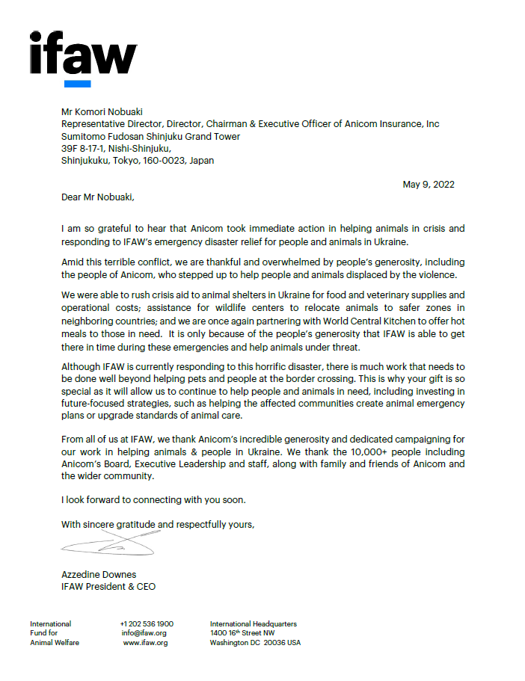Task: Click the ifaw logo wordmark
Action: [x=82, y=53]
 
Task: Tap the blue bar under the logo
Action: [x=77, y=84]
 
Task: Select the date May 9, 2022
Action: [x=429, y=185]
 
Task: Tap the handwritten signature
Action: [x=108, y=546]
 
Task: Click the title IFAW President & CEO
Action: [x=108, y=586]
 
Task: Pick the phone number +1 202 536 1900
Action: [x=147, y=623]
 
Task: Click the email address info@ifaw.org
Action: [x=144, y=633]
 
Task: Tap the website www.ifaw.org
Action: [x=145, y=643]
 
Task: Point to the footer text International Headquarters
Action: [x=253, y=623]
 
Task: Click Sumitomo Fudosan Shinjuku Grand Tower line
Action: [x=152, y=136]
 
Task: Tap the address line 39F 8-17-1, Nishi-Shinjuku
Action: [x=116, y=148]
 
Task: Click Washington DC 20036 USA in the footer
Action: [x=255, y=643]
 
